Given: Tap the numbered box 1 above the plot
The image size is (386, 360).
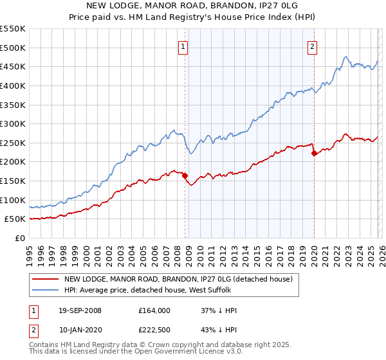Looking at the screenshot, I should pos(183,46).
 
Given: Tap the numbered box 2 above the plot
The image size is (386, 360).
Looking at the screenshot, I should pos(312,46).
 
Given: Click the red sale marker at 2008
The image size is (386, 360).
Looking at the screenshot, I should pos(185,175).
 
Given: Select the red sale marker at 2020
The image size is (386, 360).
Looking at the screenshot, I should pos(314,153).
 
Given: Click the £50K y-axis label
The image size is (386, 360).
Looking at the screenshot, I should pos(15,219).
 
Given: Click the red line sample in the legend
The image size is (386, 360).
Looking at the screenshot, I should pos(46,280).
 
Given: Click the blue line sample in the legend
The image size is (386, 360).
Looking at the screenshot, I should pos(46,290).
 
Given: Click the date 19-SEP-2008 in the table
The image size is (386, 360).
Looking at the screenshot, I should pos(78,310).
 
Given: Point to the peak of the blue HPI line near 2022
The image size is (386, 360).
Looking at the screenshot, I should pos(345,57).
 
